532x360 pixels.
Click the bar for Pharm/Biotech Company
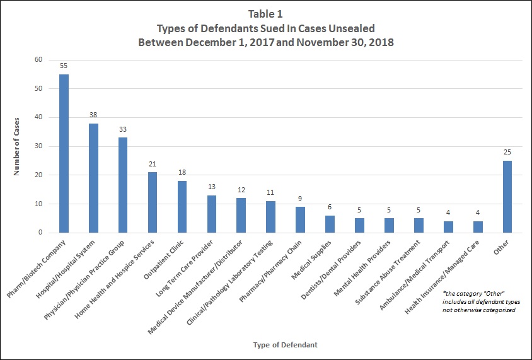[64, 154]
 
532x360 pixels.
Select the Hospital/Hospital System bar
[93, 178]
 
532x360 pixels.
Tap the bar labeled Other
[507, 197]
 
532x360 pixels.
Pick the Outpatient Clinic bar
[182, 207]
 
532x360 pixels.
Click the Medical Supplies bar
[330, 224]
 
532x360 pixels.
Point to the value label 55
[64, 66]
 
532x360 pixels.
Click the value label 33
[123, 129]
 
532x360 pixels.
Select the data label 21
[153, 164]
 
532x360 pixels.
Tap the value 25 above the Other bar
[507, 153]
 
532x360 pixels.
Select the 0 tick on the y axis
[40, 233]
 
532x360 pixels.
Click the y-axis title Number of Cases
[17, 146]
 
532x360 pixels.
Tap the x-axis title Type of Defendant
[284, 345]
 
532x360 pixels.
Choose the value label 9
[301, 199]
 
